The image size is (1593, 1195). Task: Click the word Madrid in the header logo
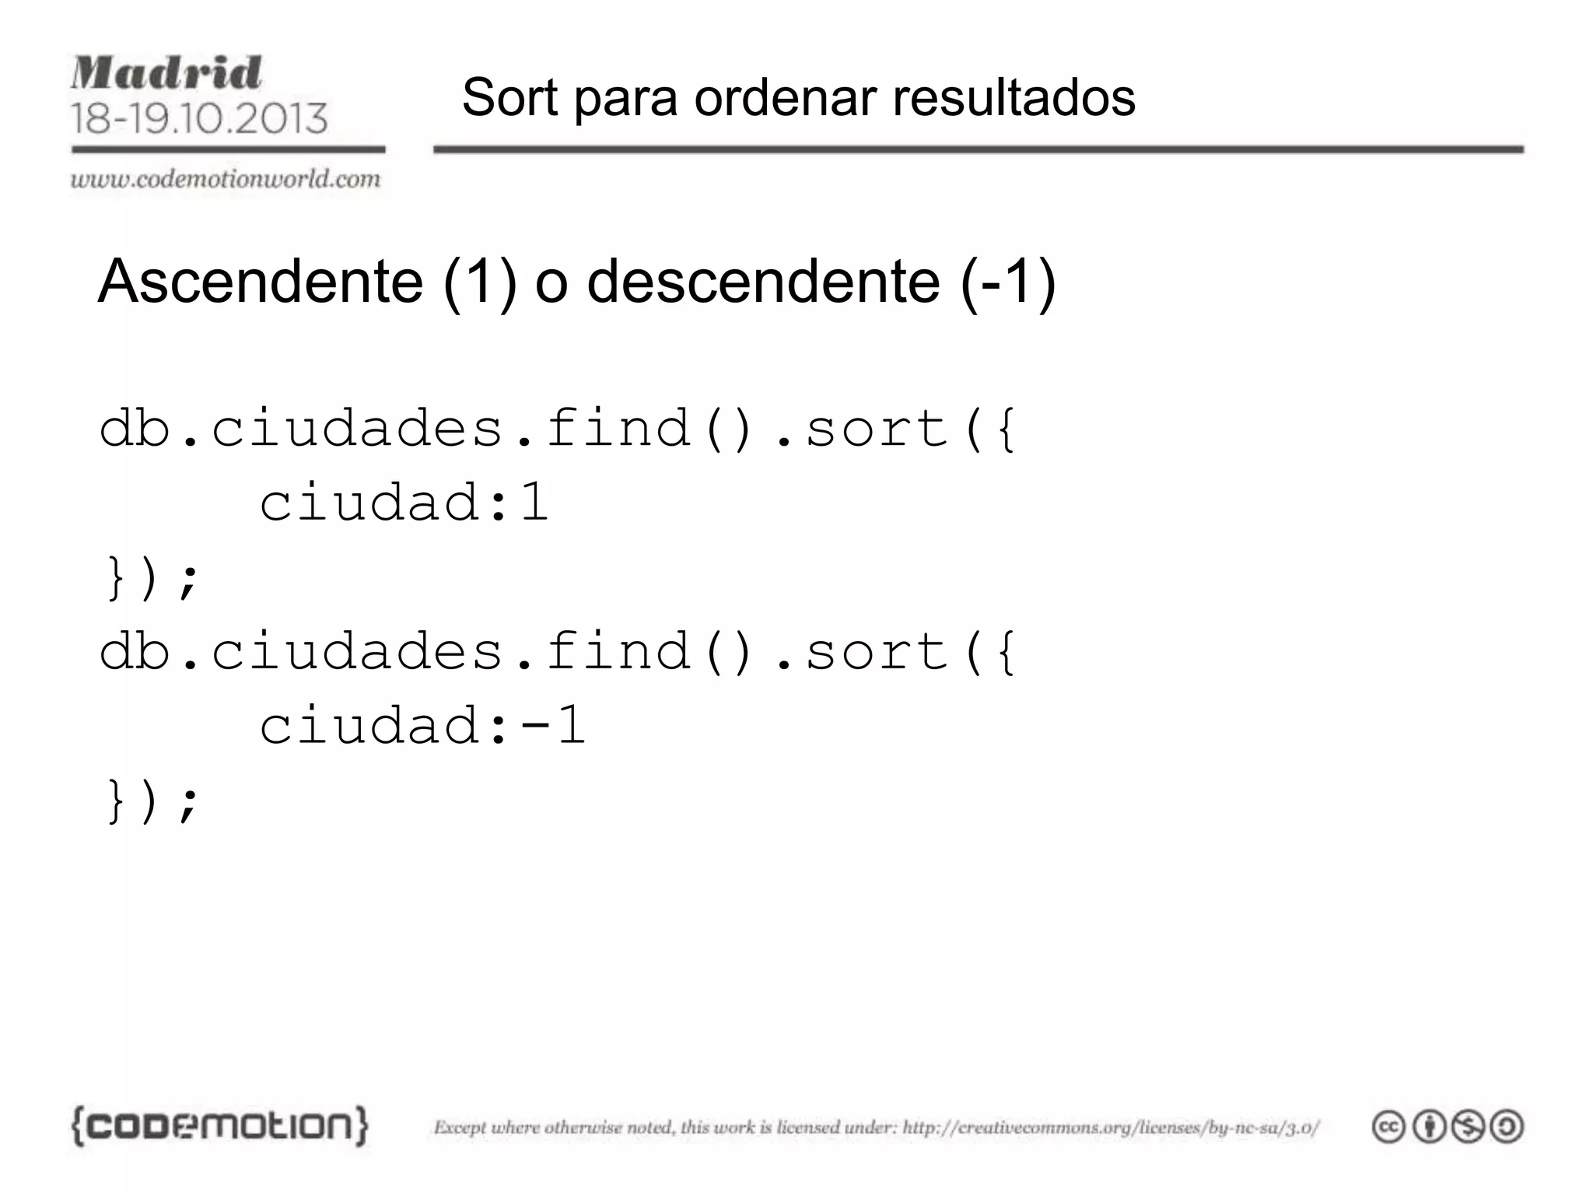(166, 73)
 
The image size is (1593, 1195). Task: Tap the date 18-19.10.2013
(199, 118)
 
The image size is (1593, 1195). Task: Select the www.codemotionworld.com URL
(226, 179)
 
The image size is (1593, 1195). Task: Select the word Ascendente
(261, 281)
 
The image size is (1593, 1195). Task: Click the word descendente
(763, 281)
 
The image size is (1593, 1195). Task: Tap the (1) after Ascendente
(480, 281)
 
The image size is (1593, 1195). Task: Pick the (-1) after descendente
(1009, 281)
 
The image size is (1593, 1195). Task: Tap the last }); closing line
(152, 801)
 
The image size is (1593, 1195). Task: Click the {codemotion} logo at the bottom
(219, 1126)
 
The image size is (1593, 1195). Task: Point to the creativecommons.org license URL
(1111, 1127)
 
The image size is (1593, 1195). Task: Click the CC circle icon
(1388, 1127)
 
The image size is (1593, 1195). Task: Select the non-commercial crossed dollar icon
(1468, 1127)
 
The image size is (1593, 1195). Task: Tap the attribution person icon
(1428, 1127)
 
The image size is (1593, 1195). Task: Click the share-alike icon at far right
(1507, 1127)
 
